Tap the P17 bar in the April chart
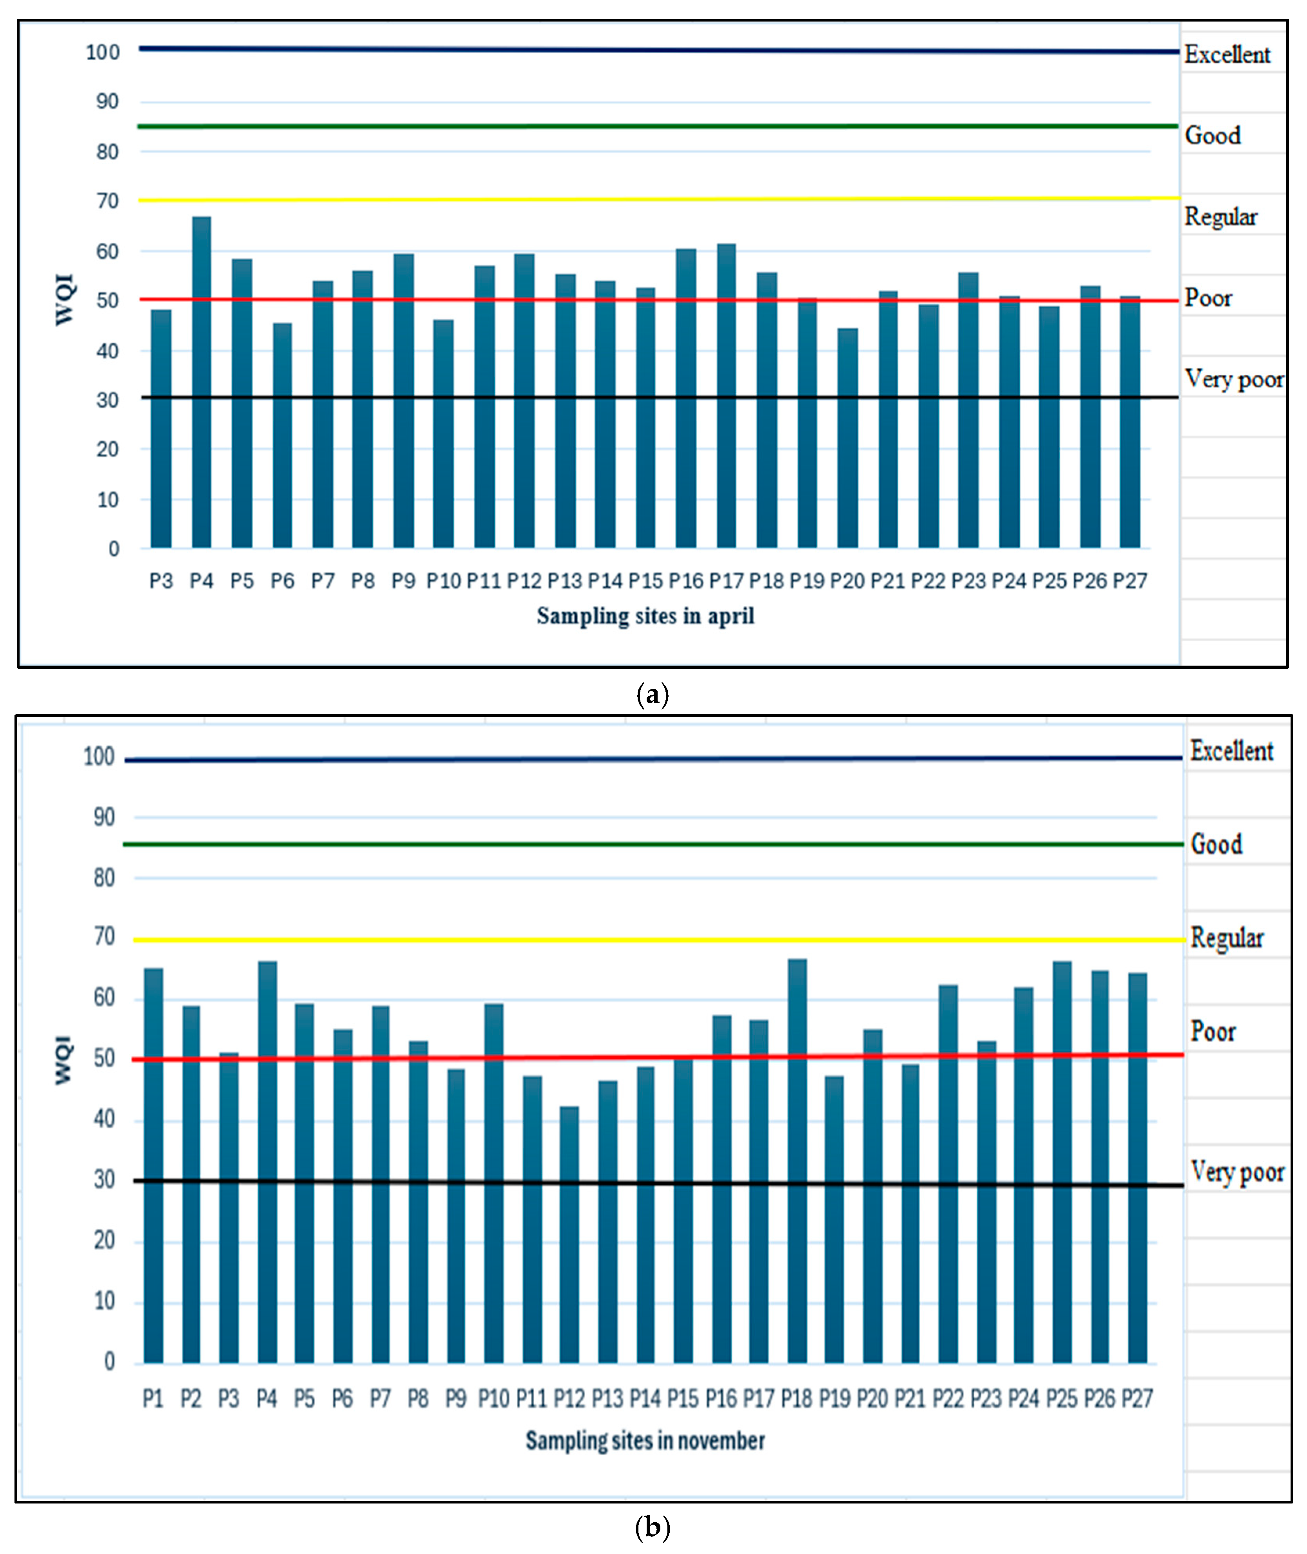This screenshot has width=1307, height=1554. [726, 397]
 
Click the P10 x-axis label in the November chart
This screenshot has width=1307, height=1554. [494, 1399]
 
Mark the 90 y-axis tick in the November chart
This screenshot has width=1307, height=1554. [104, 818]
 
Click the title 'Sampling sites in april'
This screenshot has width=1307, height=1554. [645, 616]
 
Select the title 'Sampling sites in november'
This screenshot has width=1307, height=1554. [645, 1440]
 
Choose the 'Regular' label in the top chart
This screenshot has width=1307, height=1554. [1220, 217]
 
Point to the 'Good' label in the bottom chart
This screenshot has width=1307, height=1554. [1216, 844]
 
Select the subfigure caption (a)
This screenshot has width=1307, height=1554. [653, 695]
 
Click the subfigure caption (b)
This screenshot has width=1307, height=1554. [653, 1528]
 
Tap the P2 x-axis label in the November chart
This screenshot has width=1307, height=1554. [190, 1399]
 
